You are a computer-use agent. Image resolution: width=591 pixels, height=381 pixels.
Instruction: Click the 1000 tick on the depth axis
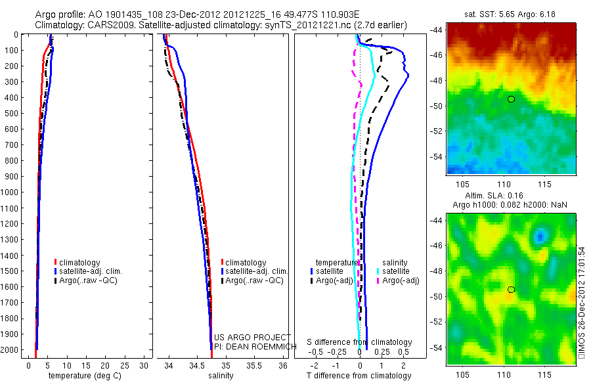click(12, 192)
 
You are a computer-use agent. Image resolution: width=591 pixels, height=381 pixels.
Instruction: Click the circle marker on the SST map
click(511, 99)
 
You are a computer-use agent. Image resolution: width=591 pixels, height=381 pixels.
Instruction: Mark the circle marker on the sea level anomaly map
click(511, 290)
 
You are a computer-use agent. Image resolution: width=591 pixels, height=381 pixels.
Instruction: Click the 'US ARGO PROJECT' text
click(252, 337)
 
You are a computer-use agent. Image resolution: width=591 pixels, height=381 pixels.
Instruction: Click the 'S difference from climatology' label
click(360, 342)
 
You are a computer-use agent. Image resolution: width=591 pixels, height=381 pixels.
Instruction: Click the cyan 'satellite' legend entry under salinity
click(396, 271)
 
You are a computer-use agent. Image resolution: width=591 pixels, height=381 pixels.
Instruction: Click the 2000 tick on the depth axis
click(12, 349)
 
